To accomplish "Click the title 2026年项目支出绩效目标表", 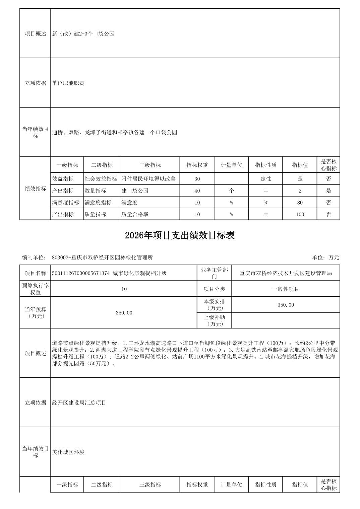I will pos(180,235).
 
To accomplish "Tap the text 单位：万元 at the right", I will pos(325,258).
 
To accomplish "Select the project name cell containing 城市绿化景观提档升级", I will pos(109,273).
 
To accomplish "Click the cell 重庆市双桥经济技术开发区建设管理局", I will pos(286,273).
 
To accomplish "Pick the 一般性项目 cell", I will pos(286,289).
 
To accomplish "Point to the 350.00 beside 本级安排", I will pos(286,305).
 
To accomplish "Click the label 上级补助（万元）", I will pos(214,320).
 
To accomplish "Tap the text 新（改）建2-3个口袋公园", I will pos(83,33).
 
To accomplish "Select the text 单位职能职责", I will pos(68,83).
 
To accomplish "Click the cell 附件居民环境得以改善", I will pos(148,179).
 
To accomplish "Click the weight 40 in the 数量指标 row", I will pos(197,191).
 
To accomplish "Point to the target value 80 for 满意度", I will pos(300,203).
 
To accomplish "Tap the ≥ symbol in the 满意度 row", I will pos(265,203).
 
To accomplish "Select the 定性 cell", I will pos(265,179).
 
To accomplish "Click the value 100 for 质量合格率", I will pos(300,214).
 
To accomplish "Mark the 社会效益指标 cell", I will pos(101,179).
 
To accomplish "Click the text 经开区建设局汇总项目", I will pos(79,403).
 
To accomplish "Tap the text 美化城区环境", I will pos(68,452).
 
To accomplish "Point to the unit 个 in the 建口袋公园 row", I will pos(231,191).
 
